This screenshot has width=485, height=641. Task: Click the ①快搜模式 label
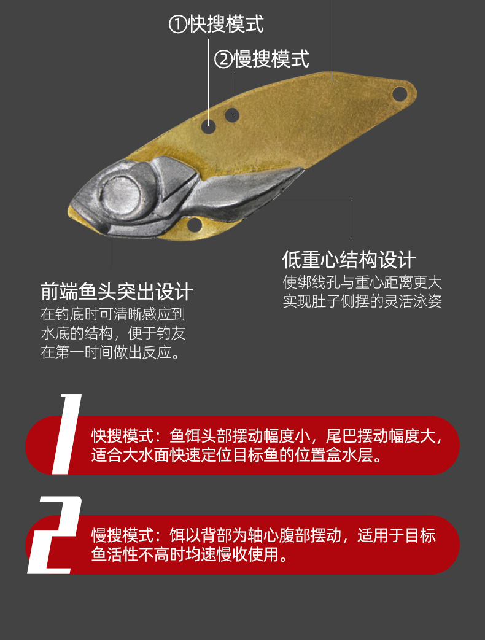point(216,25)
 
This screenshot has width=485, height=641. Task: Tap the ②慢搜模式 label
point(262,59)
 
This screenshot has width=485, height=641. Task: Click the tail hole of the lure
point(399,94)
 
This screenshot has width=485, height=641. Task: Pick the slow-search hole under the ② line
point(232,114)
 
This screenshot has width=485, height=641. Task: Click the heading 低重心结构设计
point(349,260)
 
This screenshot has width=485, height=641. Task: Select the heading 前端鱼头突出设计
point(117,291)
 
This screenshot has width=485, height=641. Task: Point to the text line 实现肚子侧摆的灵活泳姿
point(362,302)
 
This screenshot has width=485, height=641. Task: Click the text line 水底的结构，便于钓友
point(113,334)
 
